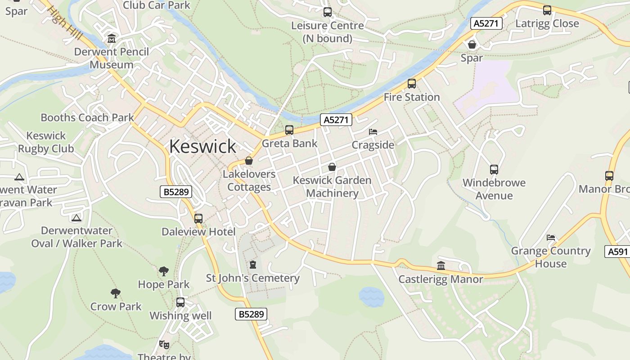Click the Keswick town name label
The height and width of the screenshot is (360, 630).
tap(202, 146)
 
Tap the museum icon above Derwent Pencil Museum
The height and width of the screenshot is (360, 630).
tap(111, 39)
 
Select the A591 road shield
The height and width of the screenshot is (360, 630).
tap(617, 252)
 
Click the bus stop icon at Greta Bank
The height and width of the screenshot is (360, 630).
tap(289, 130)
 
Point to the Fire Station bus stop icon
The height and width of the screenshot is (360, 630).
tap(411, 84)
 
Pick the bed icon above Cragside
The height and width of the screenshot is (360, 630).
tap(373, 132)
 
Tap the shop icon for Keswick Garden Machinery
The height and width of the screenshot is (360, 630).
tap(332, 167)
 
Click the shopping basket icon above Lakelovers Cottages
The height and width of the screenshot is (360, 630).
tap(249, 161)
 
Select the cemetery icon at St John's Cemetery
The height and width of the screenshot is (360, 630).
tap(252, 265)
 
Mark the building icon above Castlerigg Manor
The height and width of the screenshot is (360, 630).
tap(441, 266)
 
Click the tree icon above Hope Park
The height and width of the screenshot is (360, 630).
tap(164, 271)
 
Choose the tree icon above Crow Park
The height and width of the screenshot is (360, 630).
tap(116, 293)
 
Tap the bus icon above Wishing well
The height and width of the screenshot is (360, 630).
tap(180, 302)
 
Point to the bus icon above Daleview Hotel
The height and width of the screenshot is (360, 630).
tap(198, 219)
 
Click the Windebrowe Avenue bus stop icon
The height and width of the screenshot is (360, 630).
tap(494, 170)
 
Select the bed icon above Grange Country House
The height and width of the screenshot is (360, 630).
tap(551, 238)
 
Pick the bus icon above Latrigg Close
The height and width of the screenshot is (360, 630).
tap(547, 10)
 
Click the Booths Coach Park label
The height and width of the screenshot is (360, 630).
tap(87, 118)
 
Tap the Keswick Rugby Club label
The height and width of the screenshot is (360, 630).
tap(46, 142)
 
